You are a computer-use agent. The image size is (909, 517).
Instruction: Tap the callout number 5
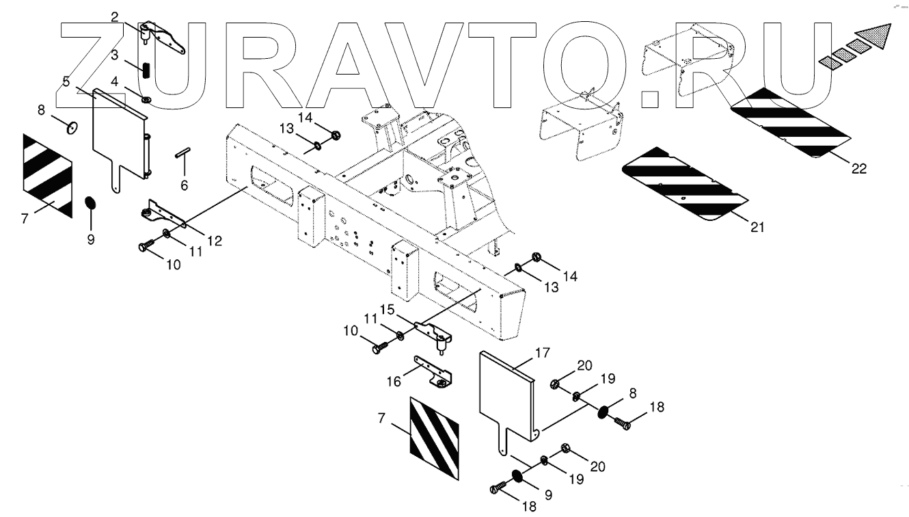click(66, 81)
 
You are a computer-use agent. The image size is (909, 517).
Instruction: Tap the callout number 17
click(542, 354)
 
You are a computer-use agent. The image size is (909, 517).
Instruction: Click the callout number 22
click(858, 169)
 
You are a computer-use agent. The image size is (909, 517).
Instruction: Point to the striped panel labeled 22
click(789, 123)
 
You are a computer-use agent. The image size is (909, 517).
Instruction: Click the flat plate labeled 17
click(506, 393)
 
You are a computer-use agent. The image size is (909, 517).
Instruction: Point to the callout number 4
click(115, 81)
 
